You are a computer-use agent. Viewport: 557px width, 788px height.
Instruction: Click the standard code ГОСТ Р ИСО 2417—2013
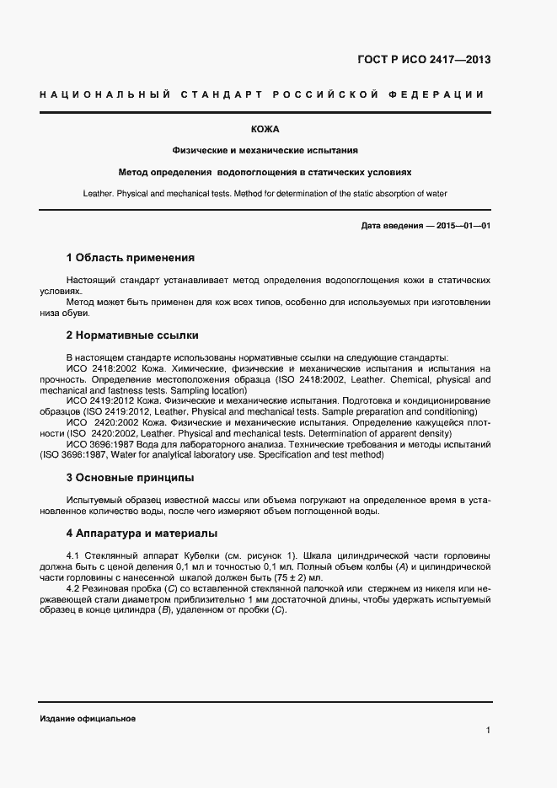click(x=425, y=60)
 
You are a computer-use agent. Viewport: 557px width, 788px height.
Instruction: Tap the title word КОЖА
click(x=265, y=129)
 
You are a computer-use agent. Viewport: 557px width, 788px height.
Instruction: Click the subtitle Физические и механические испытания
click(x=265, y=150)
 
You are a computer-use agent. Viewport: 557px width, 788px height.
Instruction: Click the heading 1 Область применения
click(x=130, y=257)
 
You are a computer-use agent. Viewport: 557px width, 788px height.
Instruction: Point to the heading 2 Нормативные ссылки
click(x=131, y=335)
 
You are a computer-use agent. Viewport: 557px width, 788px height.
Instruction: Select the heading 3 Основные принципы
click(x=130, y=477)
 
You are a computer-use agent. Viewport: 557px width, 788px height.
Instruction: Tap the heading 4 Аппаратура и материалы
click(x=142, y=533)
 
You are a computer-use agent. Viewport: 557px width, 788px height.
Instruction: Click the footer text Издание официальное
click(x=88, y=719)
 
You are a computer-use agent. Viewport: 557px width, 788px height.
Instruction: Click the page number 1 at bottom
click(x=488, y=730)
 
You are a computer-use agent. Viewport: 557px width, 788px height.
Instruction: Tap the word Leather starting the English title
click(x=99, y=193)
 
